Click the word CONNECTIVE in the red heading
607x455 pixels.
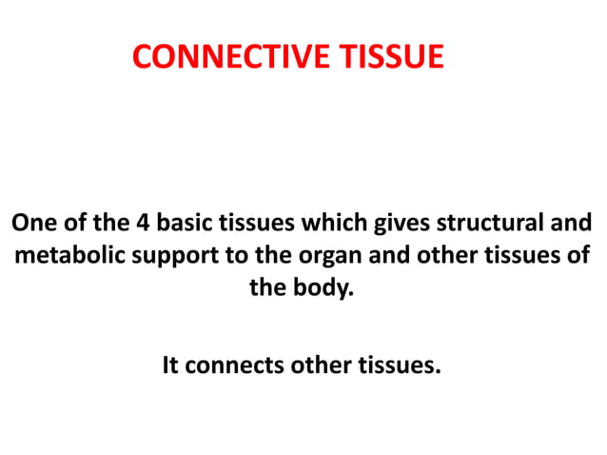click(x=228, y=58)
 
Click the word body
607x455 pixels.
click(x=320, y=288)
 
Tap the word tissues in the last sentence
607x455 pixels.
click(x=399, y=366)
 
